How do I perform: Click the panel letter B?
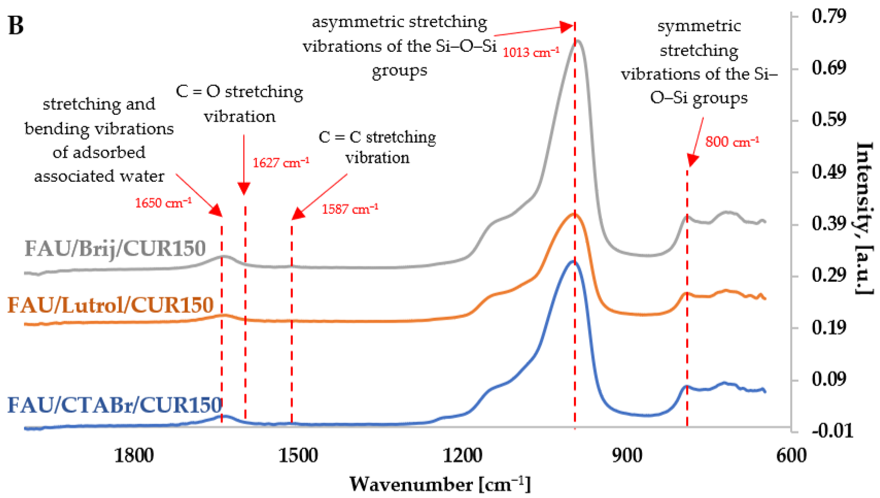click(x=16, y=26)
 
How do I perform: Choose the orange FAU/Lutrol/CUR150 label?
click(x=110, y=305)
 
